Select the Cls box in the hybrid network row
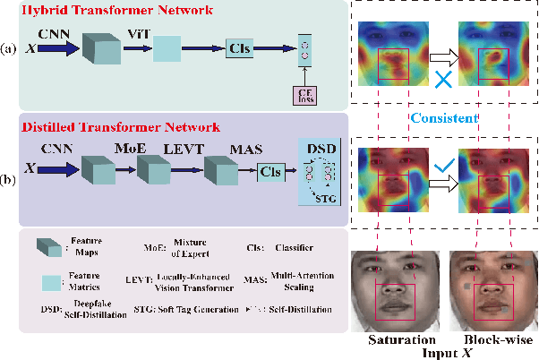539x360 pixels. pos(239,49)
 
